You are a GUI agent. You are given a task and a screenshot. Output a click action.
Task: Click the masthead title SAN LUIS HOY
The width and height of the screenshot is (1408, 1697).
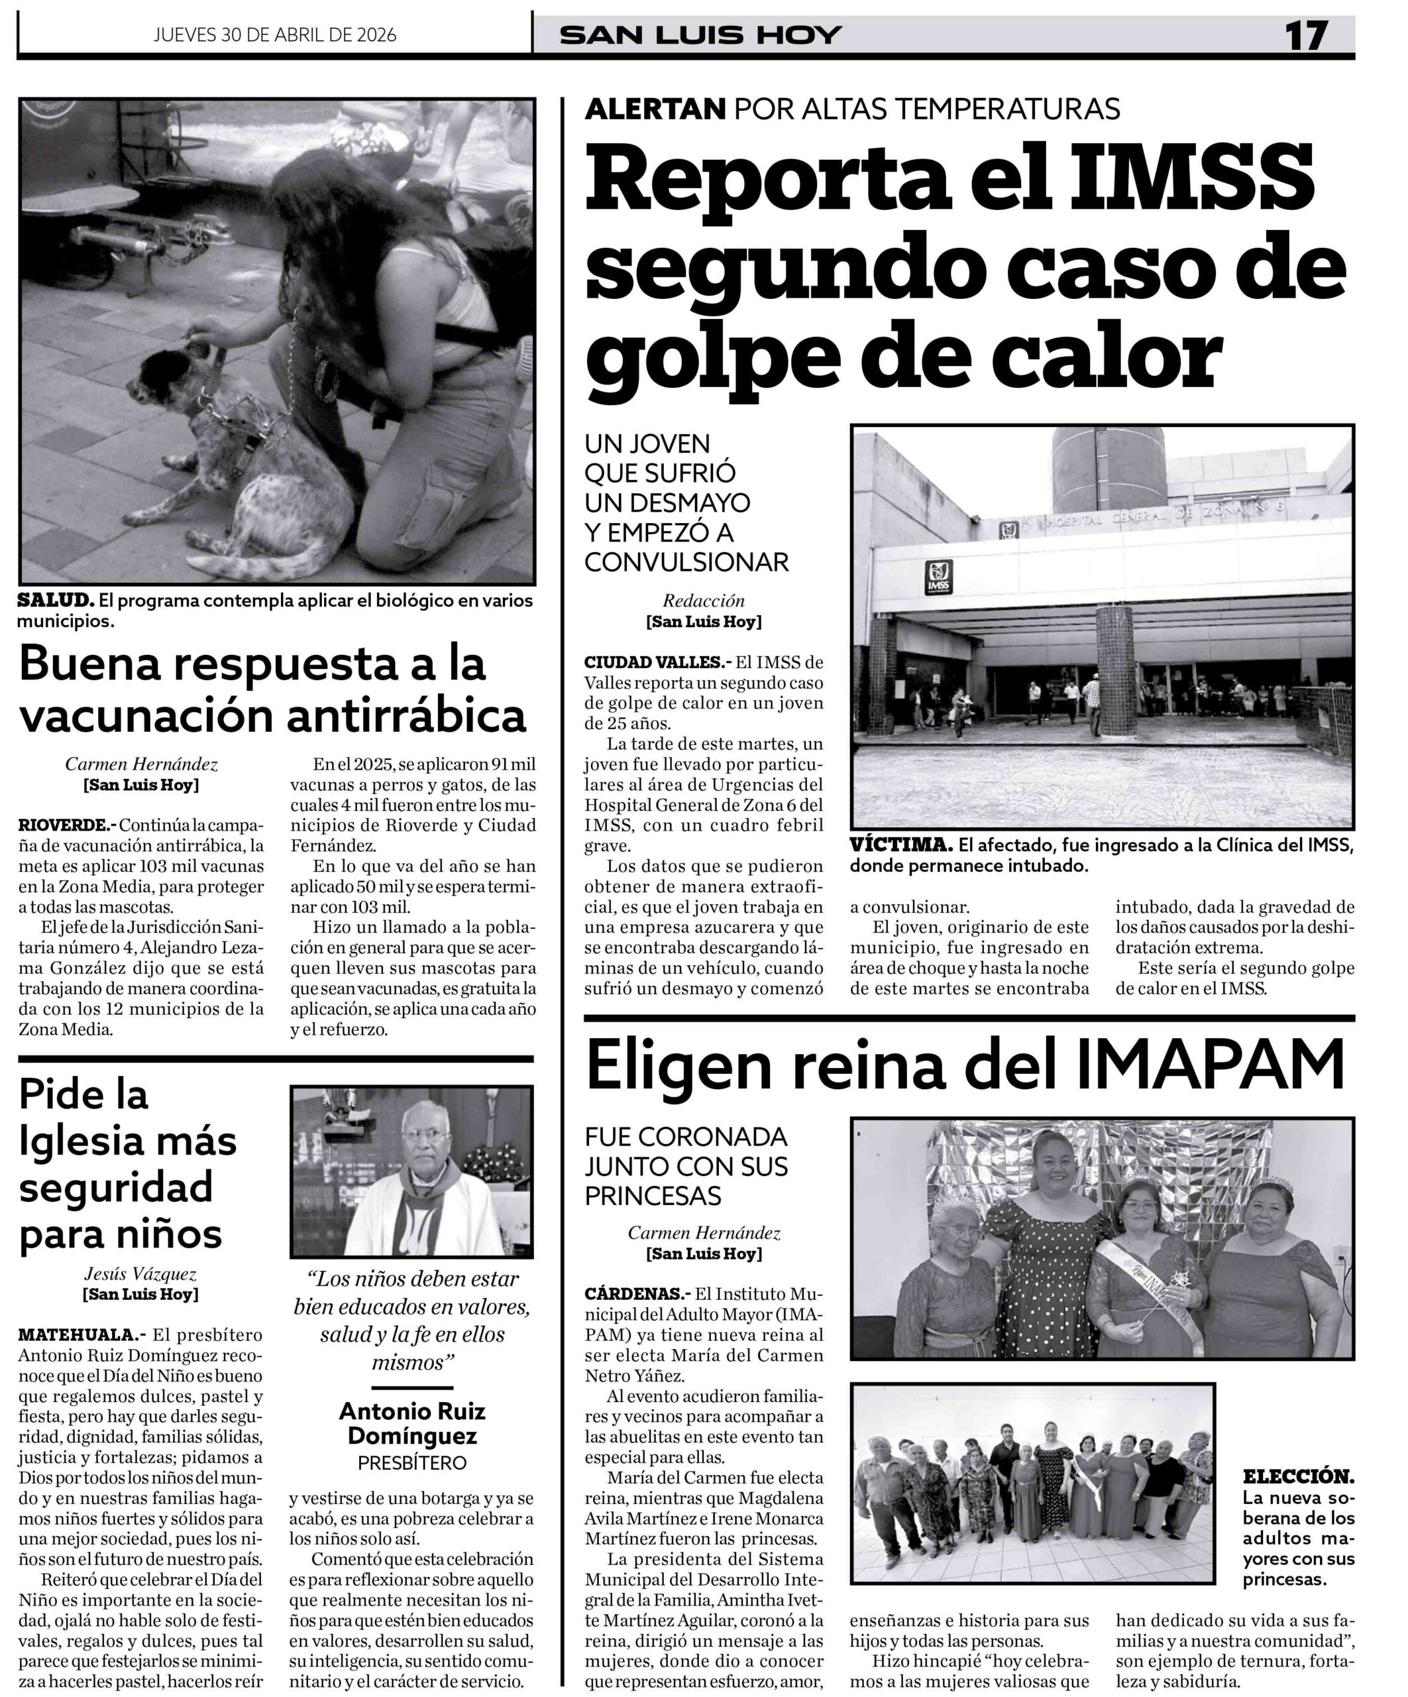click(701, 36)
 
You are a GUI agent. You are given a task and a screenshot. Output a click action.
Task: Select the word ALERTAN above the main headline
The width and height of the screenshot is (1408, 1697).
click(655, 108)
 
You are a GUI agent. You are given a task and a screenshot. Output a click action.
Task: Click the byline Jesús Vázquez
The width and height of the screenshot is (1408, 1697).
click(140, 1273)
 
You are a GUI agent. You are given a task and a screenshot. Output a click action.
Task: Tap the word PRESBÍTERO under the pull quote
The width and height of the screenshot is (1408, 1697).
click(412, 1462)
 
